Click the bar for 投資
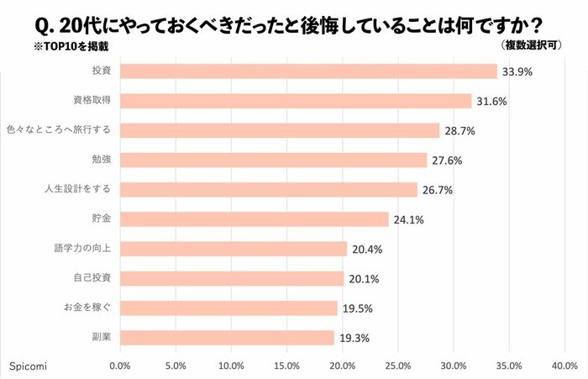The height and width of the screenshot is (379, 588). [308, 71]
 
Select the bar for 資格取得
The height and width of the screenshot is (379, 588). [296, 101]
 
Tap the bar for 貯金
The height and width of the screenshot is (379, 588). [255, 219]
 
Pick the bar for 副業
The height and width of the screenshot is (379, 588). [227, 337]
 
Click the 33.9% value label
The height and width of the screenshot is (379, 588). [517, 72]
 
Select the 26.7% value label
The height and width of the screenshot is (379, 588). [436, 190]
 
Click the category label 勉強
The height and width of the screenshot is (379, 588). [101, 160]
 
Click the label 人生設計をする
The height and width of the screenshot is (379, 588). [77, 190]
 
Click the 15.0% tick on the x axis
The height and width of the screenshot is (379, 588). [286, 366]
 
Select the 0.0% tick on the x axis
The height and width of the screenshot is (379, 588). [120, 366]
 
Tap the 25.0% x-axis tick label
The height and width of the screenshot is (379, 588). [397, 366]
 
